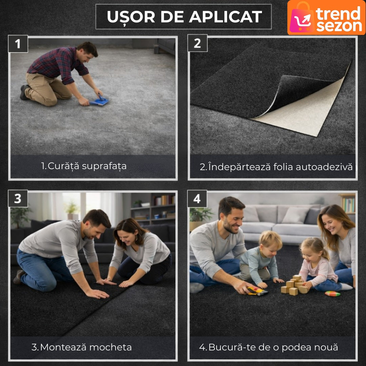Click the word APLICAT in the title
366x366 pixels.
pyautogui.click(x=225, y=17)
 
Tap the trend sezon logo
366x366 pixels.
pyautogui.click(x=326, y=18)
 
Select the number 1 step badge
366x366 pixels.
pyautogui.click(x=18, y=44)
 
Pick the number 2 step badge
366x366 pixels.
pyautogui.click(x=198, y=43)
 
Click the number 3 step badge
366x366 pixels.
pyautogui.click(x=18, y=199)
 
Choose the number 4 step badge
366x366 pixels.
pyautogui.click(x=197, y=199)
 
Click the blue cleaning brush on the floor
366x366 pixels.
pyautogui.click(x=100, y=101)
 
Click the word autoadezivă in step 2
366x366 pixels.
pyautogui.click(x=324, y=167)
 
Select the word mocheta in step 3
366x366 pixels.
pyautogui.click(x=110, y=347)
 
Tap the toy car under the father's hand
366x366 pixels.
pyautogui.click(x=258, y=291)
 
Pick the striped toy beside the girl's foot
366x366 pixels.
pyautogui.click(x=333, y=293)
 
